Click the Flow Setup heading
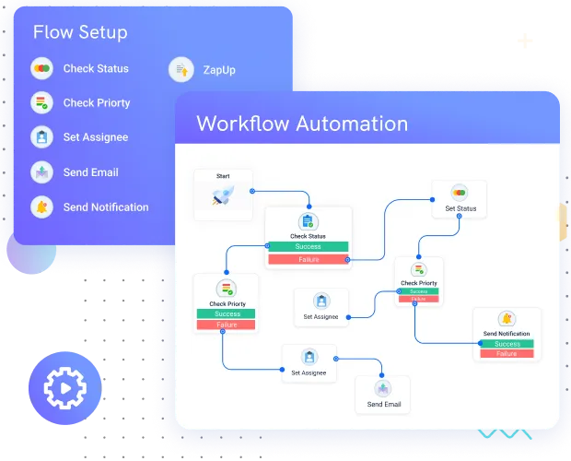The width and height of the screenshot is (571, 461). pos(80,32)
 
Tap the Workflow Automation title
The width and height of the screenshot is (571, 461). pos(302,124)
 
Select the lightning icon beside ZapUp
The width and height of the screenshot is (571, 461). pos(181,69)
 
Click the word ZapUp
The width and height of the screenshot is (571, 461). pos(219,69)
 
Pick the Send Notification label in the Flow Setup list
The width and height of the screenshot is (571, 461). pos(105,207)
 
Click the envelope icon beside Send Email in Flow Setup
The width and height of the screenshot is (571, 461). pos(41,172)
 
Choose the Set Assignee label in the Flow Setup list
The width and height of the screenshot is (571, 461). pos(95,137)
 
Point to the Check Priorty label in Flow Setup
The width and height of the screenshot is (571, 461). pos(97,103)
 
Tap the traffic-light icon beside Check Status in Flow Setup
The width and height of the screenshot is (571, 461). pos(41,69)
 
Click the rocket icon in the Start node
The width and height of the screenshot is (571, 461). pos(222,195)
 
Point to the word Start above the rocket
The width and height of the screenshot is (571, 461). pos(223,175)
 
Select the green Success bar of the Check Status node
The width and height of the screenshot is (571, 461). pos(308,247)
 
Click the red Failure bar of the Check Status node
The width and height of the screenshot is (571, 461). pos(308,259)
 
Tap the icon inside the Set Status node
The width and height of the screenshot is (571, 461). pos(459,192)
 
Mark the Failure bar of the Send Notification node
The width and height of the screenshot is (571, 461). pos(507,354)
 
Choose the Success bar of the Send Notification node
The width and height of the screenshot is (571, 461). pos(507,344)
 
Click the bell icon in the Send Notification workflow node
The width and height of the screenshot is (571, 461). pos(507,319)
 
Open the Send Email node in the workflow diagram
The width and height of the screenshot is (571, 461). pos(383,394)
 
